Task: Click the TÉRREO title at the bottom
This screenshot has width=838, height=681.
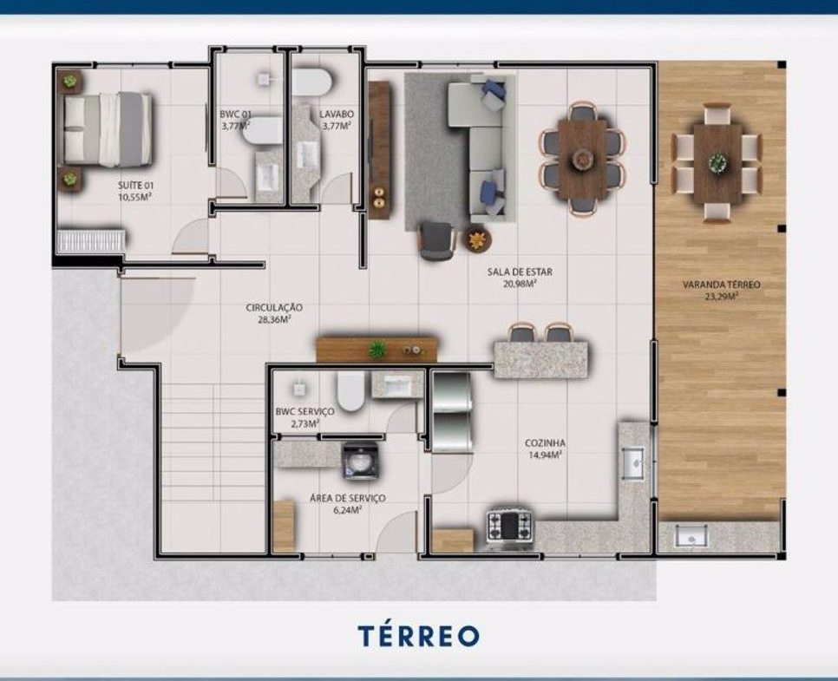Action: click(418, 636)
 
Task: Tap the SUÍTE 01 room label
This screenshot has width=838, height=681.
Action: click(135, 186)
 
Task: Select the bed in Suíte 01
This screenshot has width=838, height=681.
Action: click(108, 128)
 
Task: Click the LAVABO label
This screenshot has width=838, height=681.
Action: click(337, 114)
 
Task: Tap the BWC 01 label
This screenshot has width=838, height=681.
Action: click(235, 114)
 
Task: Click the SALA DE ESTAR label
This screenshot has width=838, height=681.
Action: click(520, 272)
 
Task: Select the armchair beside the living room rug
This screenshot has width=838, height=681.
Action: click(437, 240)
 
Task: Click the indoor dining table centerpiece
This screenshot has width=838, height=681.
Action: click(581, 158)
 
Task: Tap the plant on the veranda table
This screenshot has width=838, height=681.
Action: click(717, 162)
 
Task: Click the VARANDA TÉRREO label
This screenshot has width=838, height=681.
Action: click(722, 285)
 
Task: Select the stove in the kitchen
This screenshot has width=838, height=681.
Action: click(508, 527)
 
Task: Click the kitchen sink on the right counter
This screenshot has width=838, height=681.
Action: click(632, 463)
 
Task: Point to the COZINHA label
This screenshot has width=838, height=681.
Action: click(545, 443)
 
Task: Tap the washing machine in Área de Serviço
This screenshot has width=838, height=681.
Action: click(361, 461)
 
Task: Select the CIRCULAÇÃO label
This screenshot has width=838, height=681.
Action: click(274, 307)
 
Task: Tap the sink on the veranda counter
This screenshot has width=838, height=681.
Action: click(691, 535)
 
